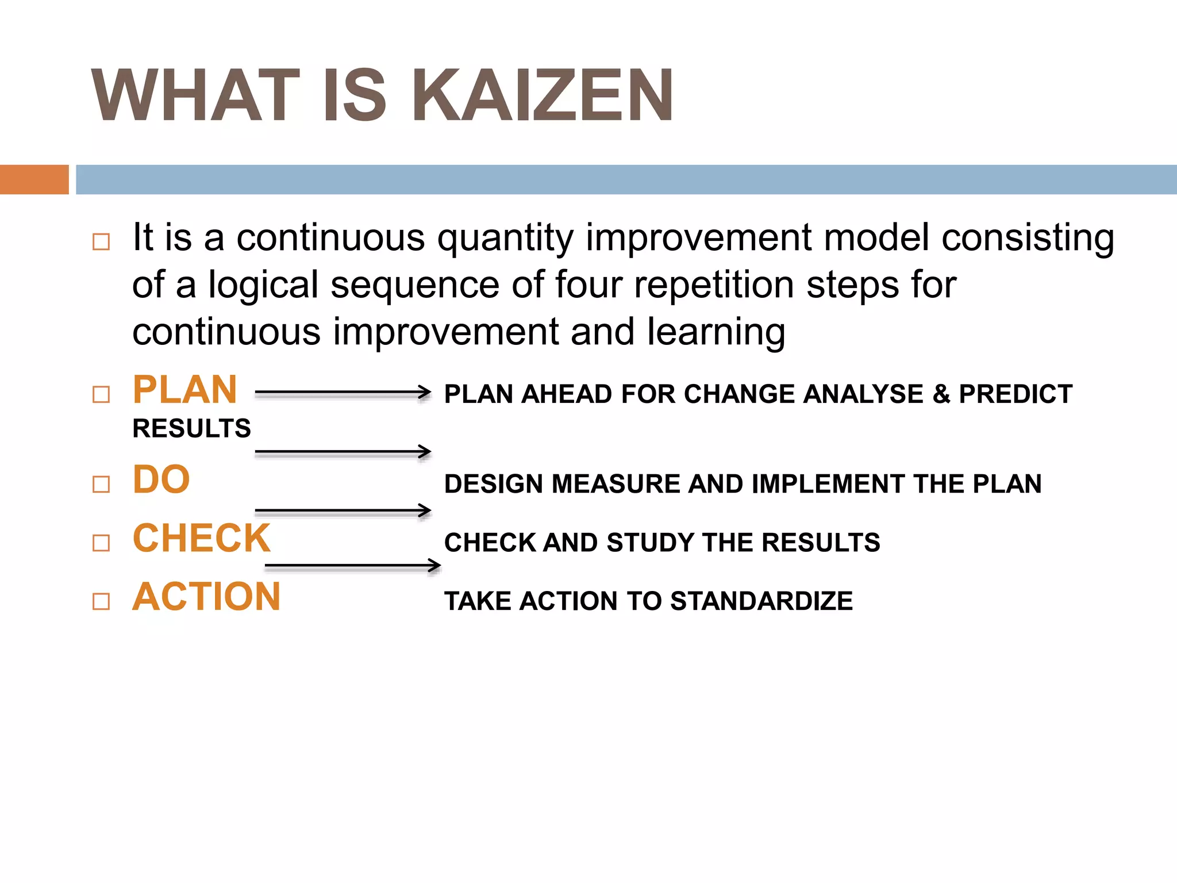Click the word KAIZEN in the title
pyautogui.click(x=543, y=95)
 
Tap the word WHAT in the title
pyautogui.click(x=196, y=95)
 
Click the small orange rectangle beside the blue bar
pyautogui.click(x=34, y=179)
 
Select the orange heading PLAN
pyautogui.click(x=184, y=390)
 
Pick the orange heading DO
pyautogui.click(x=161, y=479)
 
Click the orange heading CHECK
pyautogui.click(x=201, y=538)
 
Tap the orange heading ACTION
pyautogui.click(x=206, y=597)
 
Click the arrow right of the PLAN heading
pyautogui.click(x=343, y=393)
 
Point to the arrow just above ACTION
pyautogui.click(x=352, y=566)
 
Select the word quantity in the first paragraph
pyautogui.click(x=505, y=238)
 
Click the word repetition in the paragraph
pyautogui.click(x=714, y=285)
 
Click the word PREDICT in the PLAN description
pyautogui.click(x=1016, y=394)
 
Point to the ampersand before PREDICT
pyautogui.click(x=941, y=394)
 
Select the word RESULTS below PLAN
pyautogui.click(x=191, y=428)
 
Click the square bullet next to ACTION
pyautogui.click(x=101, y=601)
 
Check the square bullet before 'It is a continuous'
pyautogui.click(x=101, y=241)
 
